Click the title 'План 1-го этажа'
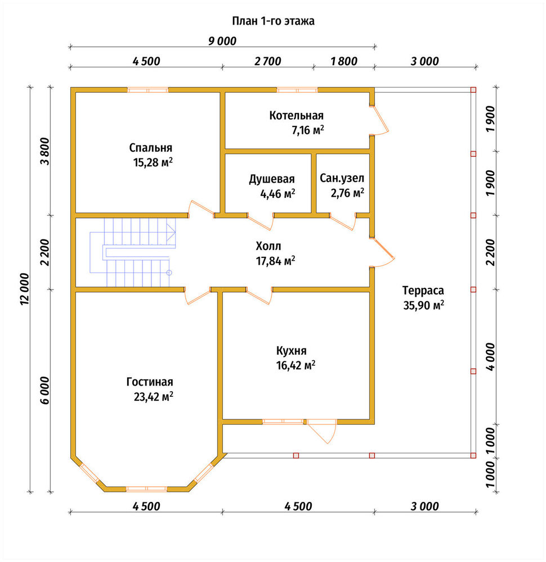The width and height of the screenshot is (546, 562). coord(273,21)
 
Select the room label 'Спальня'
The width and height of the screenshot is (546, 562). coord(151,148)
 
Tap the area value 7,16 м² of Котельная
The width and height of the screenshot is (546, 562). coord(308,130)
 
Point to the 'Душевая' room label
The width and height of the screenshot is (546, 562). coord(272,179)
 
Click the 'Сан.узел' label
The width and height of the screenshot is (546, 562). coord(342,178)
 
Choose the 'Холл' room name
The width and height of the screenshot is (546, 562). coord(268,246)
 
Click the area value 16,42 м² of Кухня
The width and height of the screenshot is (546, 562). coord(296,365)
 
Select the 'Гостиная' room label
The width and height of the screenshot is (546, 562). coord(150,382)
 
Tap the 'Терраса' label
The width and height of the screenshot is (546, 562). coord(423,291)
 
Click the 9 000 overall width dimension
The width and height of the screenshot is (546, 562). coord(222,41)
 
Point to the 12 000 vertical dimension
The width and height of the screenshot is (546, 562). coord(24,289)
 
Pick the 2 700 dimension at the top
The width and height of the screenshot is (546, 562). coord(268,61)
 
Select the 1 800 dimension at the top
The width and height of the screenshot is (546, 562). coord(344,61)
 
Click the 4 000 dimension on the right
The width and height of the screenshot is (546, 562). coord(490,357)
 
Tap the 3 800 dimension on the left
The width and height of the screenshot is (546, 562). coord(45,151)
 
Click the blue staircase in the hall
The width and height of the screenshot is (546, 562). coord(133,253)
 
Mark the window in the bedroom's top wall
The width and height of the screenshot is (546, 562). coord(148,90)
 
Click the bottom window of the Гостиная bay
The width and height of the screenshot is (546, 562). coord(147,488)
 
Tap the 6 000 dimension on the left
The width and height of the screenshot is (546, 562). coord(45,391)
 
